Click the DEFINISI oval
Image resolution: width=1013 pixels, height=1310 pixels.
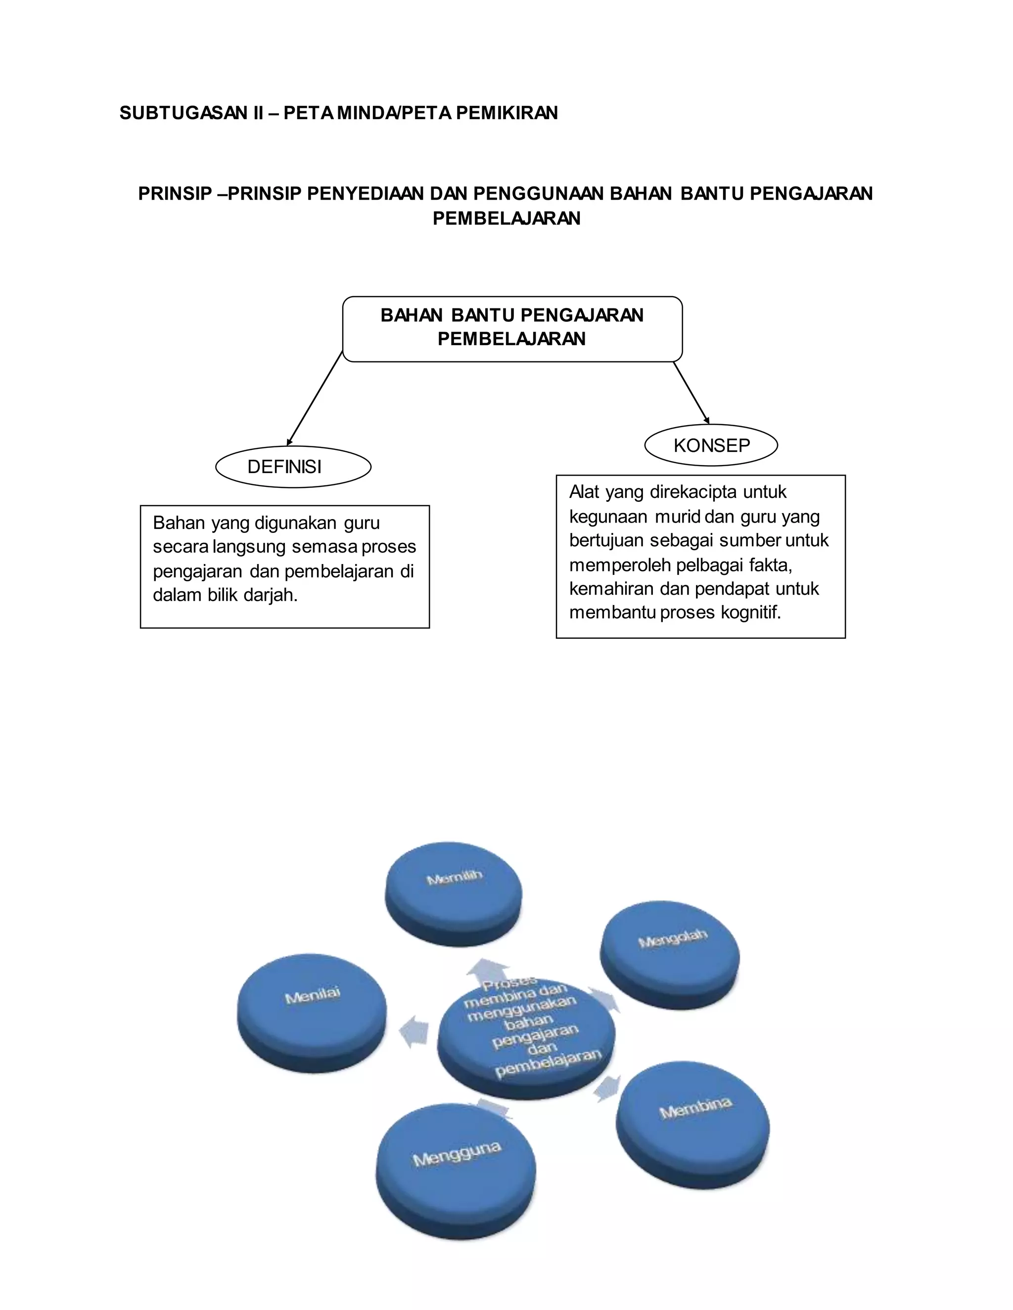pyautogui.click(x=293, y=467)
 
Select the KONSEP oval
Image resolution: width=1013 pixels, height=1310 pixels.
pyautogui.click(x=711, y=445)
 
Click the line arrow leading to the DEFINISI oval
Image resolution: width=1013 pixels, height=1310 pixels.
pyautogui.click(x=315, y=399)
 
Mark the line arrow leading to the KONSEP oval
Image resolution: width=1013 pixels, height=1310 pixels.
pyautogui.click(x=691, y=393)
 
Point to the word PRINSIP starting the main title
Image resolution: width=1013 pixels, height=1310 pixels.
pyautogui.click(x=175, y=194)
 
